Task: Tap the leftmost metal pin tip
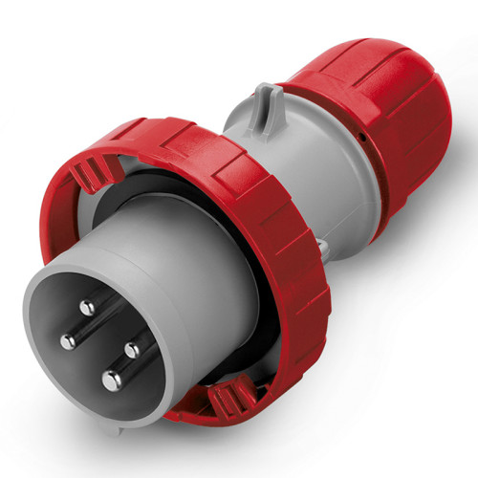pos(68,341)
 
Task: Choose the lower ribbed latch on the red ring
pos(229,394)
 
